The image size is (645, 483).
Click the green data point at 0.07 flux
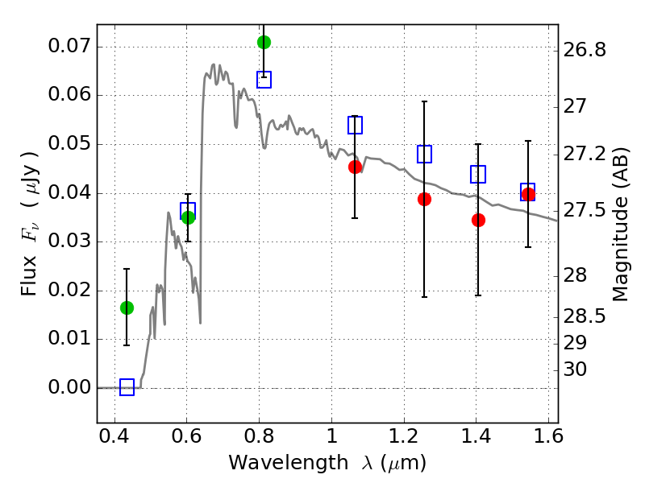tap(264, 42)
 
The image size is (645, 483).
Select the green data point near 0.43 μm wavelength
tap(127, 308)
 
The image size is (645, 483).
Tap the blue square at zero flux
tap(127, 387)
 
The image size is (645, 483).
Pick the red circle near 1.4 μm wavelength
tap(478, 220)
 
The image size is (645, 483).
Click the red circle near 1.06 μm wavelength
tap(355, 167)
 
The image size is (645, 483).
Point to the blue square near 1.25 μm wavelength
tap(424, 154)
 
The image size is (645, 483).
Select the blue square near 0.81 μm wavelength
tap(264, 80)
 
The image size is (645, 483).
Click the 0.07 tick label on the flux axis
tap(69, 46)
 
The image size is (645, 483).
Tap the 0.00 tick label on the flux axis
tap(69, 387)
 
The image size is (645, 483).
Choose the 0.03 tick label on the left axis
tap(69, 241)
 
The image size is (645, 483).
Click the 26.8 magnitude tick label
tap(584, 50)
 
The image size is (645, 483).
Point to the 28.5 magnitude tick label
tap(584, 316)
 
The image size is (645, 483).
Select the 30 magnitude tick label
tap(575, 369)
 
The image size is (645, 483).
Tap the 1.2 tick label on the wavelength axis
tap(405, 436)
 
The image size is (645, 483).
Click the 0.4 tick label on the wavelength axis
tap(114, 436)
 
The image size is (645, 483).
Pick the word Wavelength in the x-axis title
tap(289, 463)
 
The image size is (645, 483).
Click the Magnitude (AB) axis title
tap(620, 225)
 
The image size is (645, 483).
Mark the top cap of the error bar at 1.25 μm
tap(424, 101)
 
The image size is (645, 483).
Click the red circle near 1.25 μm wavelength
tap(424, 199)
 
